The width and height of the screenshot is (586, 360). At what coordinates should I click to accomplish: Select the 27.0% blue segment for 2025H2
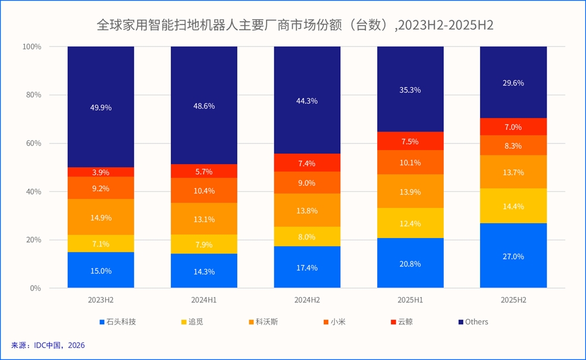(x=513, y=256)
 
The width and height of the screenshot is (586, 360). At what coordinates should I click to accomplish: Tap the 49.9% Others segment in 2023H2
(x=101, y=107)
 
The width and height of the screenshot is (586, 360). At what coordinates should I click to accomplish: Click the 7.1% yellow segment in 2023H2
(x=101, y=243)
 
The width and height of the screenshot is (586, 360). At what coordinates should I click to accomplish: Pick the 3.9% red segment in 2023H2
(x=101, y=172)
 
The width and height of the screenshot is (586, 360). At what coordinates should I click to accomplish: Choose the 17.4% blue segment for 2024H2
(x=307, y=267)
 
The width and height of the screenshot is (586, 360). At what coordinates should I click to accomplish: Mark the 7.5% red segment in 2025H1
(x=410, y=142)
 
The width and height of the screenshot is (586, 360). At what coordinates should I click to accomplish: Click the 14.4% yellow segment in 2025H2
(x=513, y=206)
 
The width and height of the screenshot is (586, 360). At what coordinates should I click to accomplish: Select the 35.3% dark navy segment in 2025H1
(x=410, y=89)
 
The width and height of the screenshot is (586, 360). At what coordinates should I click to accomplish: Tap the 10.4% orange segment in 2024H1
(x=204, y=190)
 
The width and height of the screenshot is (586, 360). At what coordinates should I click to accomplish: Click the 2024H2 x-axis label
(x=307, y=300)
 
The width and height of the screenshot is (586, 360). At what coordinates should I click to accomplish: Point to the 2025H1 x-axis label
(x=410, y=300)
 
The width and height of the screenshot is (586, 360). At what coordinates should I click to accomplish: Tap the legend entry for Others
(x=473, y=322)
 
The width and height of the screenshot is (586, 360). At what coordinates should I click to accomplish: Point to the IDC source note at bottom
(x=48, y=345)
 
